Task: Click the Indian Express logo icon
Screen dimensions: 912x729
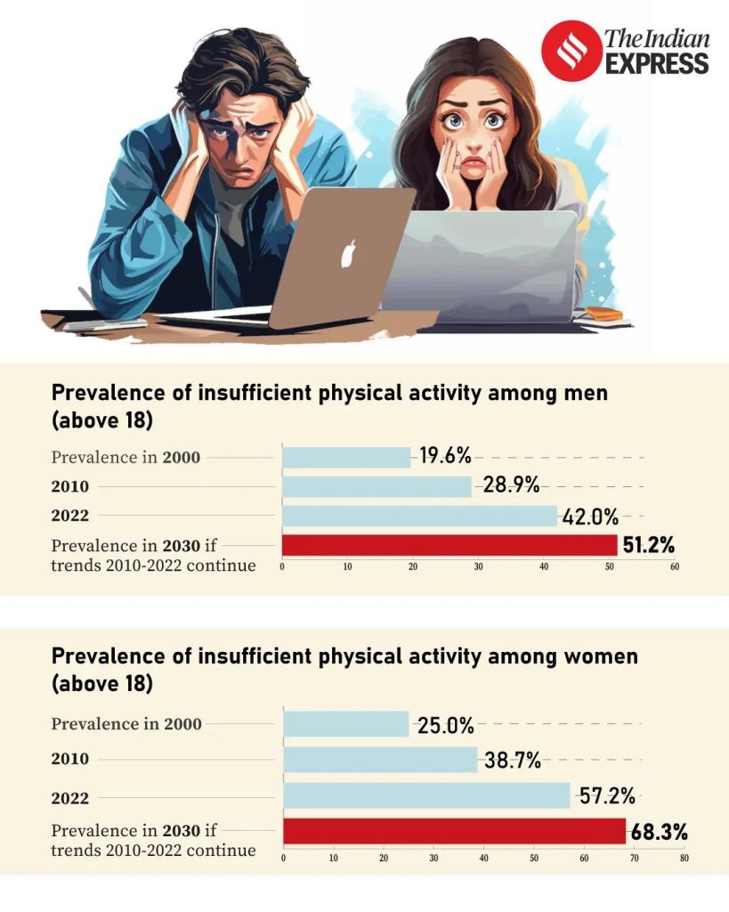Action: tap(571, 51)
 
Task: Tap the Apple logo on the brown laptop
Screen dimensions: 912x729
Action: tap(348, 254)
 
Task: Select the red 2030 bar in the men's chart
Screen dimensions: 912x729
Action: tap(450, 545)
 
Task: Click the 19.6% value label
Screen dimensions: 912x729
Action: tap(445, 458)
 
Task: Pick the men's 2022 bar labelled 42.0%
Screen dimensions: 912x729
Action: tap(419, 516)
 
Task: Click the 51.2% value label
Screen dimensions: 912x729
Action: tap(648, 545)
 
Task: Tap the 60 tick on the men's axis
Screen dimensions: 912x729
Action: tap(674, 566)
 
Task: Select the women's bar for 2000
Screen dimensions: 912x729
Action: tap(345, 724)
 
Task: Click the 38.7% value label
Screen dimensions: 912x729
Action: tap(513, 761)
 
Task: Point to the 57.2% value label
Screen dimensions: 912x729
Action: tap(606, 796)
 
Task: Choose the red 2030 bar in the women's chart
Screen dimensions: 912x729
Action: tap(454, 831)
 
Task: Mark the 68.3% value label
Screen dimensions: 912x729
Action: tap(659, 833)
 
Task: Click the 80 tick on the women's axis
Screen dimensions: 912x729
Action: tap(684, 859)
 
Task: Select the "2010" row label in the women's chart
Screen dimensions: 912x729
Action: tap(69, 760)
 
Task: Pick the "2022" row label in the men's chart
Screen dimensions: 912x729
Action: tap(69, 516)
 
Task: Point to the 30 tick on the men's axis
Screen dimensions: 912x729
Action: tap(478, 566)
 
